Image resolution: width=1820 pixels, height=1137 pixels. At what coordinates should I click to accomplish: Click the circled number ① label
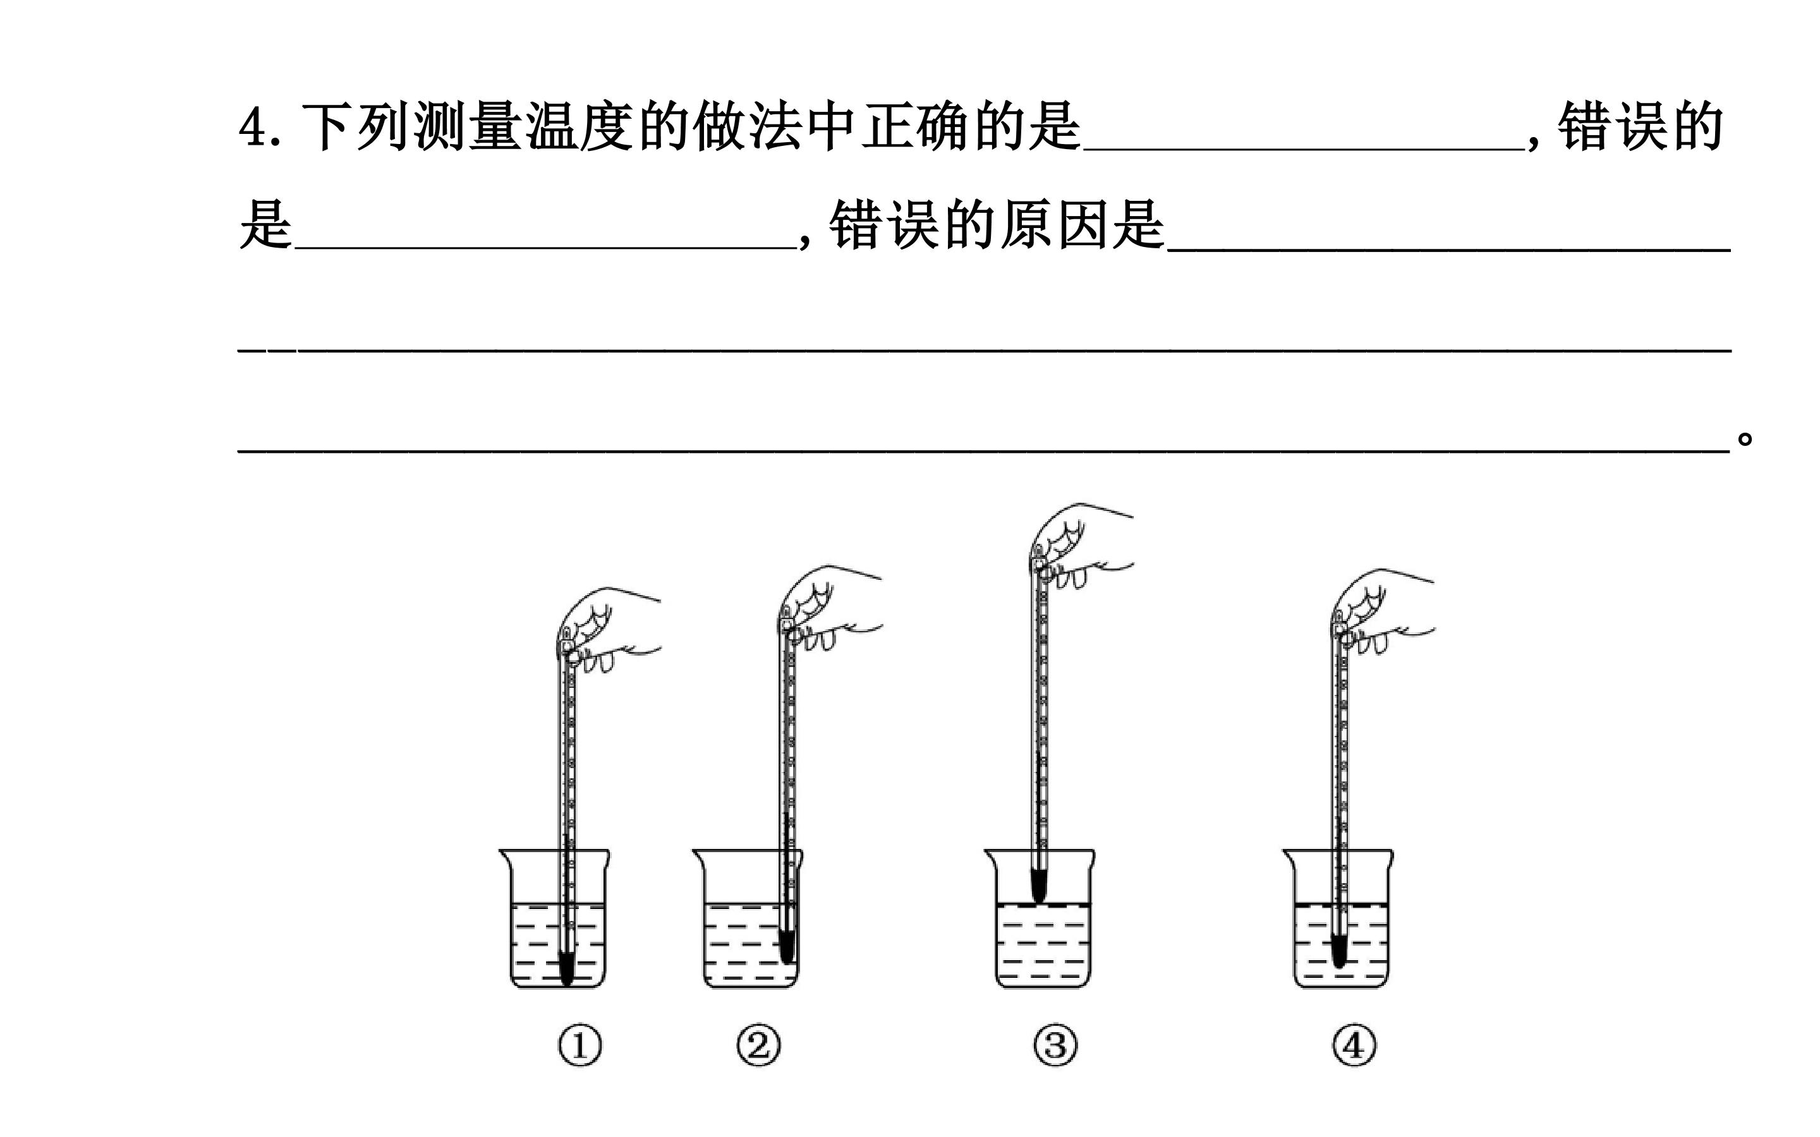click(580, 1046)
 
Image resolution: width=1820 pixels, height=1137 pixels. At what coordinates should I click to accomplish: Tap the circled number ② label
click(758, 1046)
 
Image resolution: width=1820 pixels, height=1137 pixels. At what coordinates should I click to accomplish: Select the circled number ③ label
click(1055, 1046)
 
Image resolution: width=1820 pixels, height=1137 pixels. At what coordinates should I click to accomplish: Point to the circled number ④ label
click(1354, 1046)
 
